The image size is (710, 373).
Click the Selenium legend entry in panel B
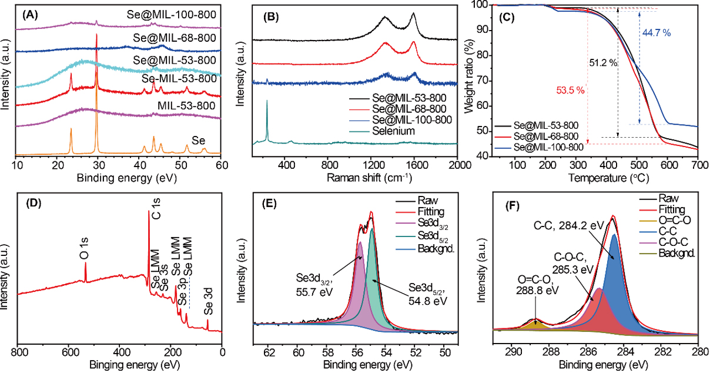387,131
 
